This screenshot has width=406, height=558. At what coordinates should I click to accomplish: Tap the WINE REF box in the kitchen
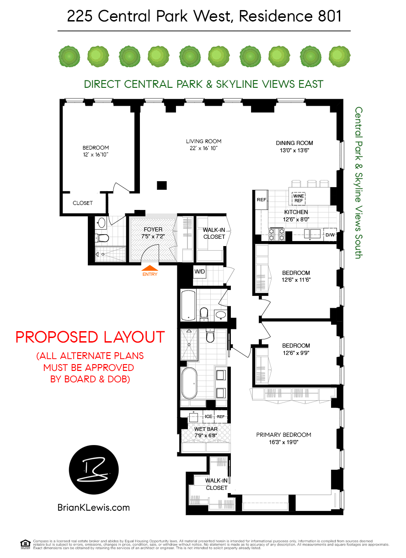(x=298, y=198)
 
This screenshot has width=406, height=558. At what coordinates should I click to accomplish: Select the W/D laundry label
(x=200, y=271)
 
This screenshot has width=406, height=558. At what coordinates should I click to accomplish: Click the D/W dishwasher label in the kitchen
(x=330, y=235)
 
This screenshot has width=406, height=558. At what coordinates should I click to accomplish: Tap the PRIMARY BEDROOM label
(x=283, y=435)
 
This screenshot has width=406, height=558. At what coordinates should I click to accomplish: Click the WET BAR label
(x=206, y=429)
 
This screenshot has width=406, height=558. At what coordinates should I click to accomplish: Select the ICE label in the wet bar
(x=208, y=417)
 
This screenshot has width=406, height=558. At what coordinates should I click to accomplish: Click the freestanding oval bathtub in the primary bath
(x=189, y=383)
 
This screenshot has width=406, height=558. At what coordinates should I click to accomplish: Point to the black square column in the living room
(x=161, y=185)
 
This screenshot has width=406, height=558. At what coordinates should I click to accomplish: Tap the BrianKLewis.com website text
(x=94, y=507)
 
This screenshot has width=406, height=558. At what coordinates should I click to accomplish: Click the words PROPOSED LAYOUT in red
(x=90, y=337)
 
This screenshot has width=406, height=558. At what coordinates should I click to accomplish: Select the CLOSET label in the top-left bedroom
(x=83, y=203)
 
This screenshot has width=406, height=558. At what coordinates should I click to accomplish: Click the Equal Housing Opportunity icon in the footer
(x=24, y=543)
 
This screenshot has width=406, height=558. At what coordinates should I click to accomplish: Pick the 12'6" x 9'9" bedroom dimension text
(x=296, y=353)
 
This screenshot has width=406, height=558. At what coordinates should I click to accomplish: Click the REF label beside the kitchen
(x=262, y=200)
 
